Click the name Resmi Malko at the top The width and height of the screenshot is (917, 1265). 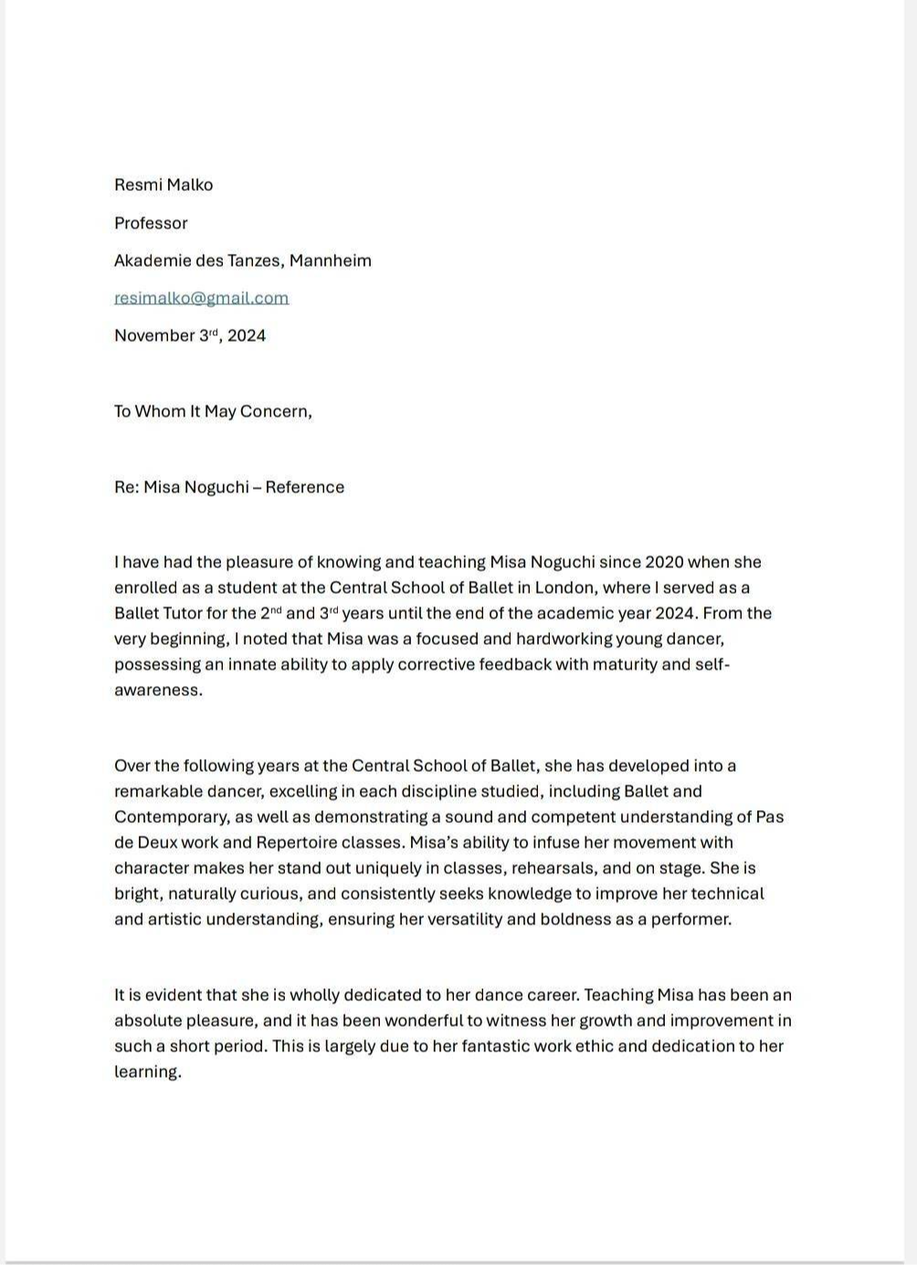click(163, 185)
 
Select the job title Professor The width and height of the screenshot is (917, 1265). click(151, 224)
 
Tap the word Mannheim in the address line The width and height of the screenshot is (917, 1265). click(331, 261)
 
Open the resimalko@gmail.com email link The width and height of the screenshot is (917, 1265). click(201, 299)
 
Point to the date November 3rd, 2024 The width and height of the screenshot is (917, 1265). click(190, 336)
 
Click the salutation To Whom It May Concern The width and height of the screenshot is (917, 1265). click(213, 412)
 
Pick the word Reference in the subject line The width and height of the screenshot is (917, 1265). click(305, 488)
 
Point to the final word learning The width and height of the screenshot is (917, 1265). click(146, 1072)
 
